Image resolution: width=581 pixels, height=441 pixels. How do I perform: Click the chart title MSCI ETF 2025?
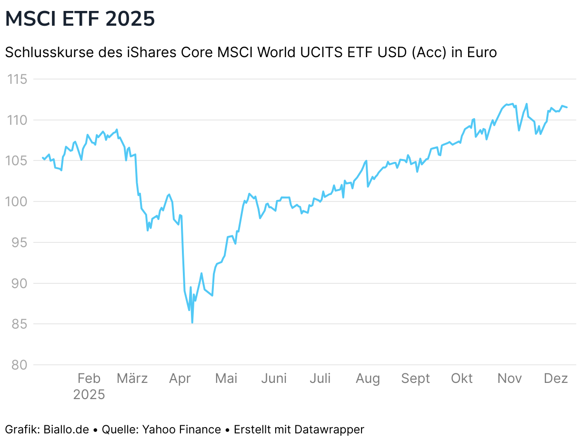click(80, 19)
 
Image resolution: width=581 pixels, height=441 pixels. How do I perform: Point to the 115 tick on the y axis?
click(19, 79)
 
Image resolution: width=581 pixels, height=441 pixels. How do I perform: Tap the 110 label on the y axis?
click(19, 120)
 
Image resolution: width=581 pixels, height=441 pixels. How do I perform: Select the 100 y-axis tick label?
click(19, 201)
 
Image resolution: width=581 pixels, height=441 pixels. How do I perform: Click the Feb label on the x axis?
click(89, 379)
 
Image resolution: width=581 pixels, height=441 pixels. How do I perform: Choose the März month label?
click(132, 379)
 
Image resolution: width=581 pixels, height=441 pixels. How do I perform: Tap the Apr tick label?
click(180, 379)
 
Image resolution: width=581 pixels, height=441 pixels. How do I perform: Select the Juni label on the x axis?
click(274, 379)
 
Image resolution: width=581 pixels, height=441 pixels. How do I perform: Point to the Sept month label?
click(415, 379)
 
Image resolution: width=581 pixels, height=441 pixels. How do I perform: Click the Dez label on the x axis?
click(556, 379)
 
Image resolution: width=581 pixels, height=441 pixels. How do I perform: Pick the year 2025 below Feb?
click(89, 395)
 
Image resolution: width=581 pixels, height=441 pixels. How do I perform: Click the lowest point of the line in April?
click(192, 322)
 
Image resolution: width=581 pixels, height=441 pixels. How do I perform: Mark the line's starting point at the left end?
click(42, 157)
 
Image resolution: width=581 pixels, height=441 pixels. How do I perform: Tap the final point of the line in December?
click(567, 107)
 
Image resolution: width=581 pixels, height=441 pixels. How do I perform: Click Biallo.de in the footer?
click(66, 430)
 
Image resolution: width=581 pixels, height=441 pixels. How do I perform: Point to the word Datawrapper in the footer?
click(329, 430)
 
